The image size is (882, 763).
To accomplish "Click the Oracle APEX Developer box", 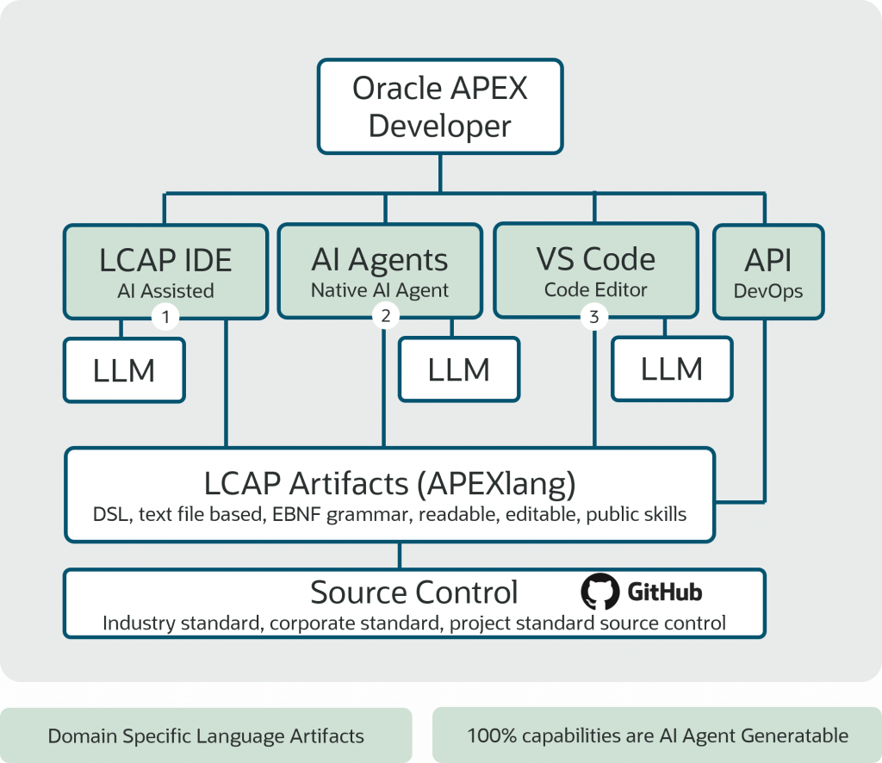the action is [x=440, y=106].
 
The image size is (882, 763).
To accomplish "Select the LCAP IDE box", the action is [x=165, y=272].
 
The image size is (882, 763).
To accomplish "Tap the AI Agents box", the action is [x=380, y=271].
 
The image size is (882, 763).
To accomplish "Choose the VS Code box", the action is [x=596, y=270].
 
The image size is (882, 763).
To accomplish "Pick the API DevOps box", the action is [x=768, y=272].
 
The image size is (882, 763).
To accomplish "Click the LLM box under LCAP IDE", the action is [x=124, y=370].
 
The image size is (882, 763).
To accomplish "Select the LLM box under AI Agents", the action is [x=459, y=369].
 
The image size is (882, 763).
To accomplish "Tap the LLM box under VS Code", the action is [x=672, y=369].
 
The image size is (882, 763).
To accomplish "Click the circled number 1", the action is [x=165, y=317].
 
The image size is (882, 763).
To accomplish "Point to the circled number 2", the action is [x=385, y=316].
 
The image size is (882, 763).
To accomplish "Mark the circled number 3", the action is [x=594, y=317].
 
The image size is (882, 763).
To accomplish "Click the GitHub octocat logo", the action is [x=599, y=592].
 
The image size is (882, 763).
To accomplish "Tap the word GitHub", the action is [x=665, y=592].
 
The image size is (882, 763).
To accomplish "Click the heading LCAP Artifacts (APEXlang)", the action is [x=390, y=484].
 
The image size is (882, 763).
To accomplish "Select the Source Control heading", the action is [x=414, y=592].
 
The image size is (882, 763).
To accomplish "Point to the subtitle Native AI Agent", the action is [x=380, y=290].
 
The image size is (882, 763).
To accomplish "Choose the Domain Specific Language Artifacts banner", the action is [x=206, y=735].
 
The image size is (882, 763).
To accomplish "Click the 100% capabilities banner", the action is [x=657, y=735].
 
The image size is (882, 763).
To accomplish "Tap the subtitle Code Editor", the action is [x=596, y=289].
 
